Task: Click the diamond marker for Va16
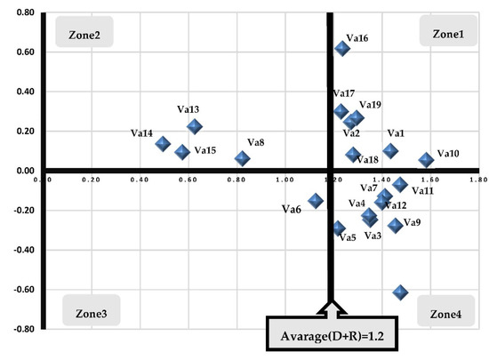click(342, 48)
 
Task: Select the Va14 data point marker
click(163, 144)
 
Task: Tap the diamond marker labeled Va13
click(194, 127)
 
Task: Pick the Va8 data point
click(242, 158)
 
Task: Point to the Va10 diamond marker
click(426, 160)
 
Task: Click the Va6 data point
click(315, 202)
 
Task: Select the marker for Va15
click(182, 152)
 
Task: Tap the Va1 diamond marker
click(390, 151)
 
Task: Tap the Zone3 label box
click(92, 314)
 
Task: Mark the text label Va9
click(413, 221)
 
